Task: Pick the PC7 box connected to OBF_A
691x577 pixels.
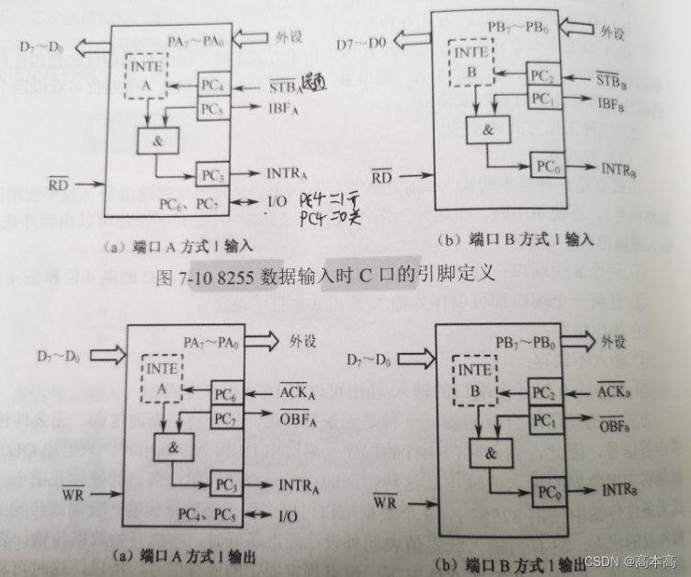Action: tap(229, 418)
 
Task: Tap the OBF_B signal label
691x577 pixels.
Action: tap(611, 424)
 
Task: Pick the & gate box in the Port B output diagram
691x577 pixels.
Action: tap(490, 451)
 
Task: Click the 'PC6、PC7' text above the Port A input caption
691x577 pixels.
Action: tap(187, 202)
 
